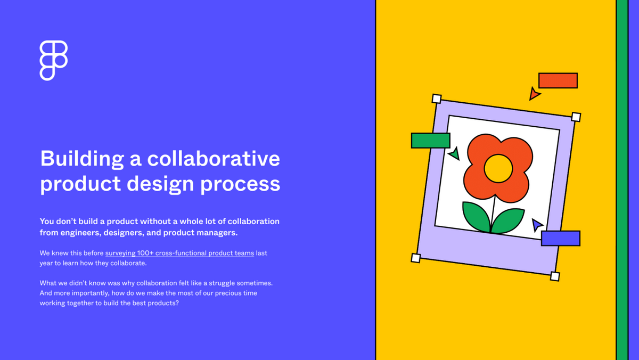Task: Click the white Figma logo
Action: [53, 60]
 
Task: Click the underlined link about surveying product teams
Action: [179, 253]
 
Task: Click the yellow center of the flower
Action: [498, 168]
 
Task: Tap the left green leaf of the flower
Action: [475, 216]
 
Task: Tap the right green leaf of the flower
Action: [508, 219]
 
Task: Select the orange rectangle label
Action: [558, 80]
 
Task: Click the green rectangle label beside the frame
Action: [430, 141]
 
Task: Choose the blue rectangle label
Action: [560, 238]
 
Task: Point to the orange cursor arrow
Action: [534, 94]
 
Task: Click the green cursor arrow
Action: [454, 154]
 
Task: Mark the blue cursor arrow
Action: [537, 225]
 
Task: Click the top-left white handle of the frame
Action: [436, 99]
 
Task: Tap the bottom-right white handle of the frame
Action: [555, 276]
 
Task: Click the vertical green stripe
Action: [622, 180]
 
